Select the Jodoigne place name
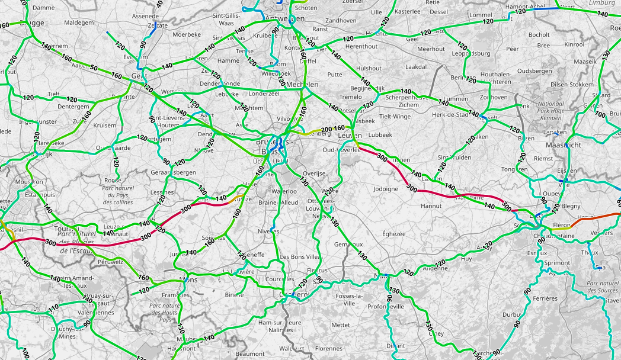point(386,189)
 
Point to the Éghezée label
point(394,234)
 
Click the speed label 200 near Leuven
point(326,129)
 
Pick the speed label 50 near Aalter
point(93,69)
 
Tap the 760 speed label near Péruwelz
point(143,278)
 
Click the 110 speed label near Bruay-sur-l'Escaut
point(53,308)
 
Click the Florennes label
point(328,349)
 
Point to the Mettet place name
point(341,324)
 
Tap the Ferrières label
point(544,298)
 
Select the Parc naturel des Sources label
point(602,287)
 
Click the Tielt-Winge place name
point(395,117)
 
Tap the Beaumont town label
point(250,353)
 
